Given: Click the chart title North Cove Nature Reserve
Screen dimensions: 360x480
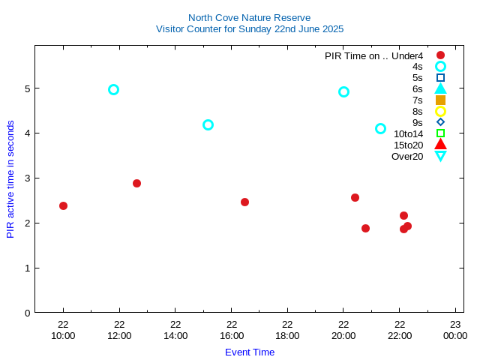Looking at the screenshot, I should click(249, 17).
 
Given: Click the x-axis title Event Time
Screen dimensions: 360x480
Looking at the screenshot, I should click(249, 352).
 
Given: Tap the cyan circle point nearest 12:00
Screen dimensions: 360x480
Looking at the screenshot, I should click(113, 89).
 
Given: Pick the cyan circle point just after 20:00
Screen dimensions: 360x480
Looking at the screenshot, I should click(343, 91).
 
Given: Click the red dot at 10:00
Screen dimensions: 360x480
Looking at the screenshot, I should click(63, 205).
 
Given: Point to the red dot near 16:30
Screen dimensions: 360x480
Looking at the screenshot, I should click(244, 202).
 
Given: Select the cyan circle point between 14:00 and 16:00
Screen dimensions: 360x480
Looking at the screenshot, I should click(208, 124).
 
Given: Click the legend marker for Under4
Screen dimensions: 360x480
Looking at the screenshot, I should click(440, 55).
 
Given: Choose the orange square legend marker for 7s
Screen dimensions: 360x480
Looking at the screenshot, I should click(440, 100).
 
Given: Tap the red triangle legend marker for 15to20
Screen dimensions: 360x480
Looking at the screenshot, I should click(440, 145).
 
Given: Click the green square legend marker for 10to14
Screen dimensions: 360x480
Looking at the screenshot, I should click(440, 133).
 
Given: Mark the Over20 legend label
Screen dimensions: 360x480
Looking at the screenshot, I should click(407, 156).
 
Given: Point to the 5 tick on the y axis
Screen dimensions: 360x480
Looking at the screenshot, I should click(27, 88).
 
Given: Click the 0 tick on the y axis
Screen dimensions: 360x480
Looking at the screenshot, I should click(27, 313).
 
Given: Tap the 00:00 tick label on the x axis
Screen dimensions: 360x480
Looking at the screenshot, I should click(455, 335).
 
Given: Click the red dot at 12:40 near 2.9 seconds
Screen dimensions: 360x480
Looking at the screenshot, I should click(136, 183).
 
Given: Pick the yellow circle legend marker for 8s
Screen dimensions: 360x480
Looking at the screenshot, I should click(440, 111).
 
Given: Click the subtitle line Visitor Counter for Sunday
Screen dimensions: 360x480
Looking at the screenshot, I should click(249, 28).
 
